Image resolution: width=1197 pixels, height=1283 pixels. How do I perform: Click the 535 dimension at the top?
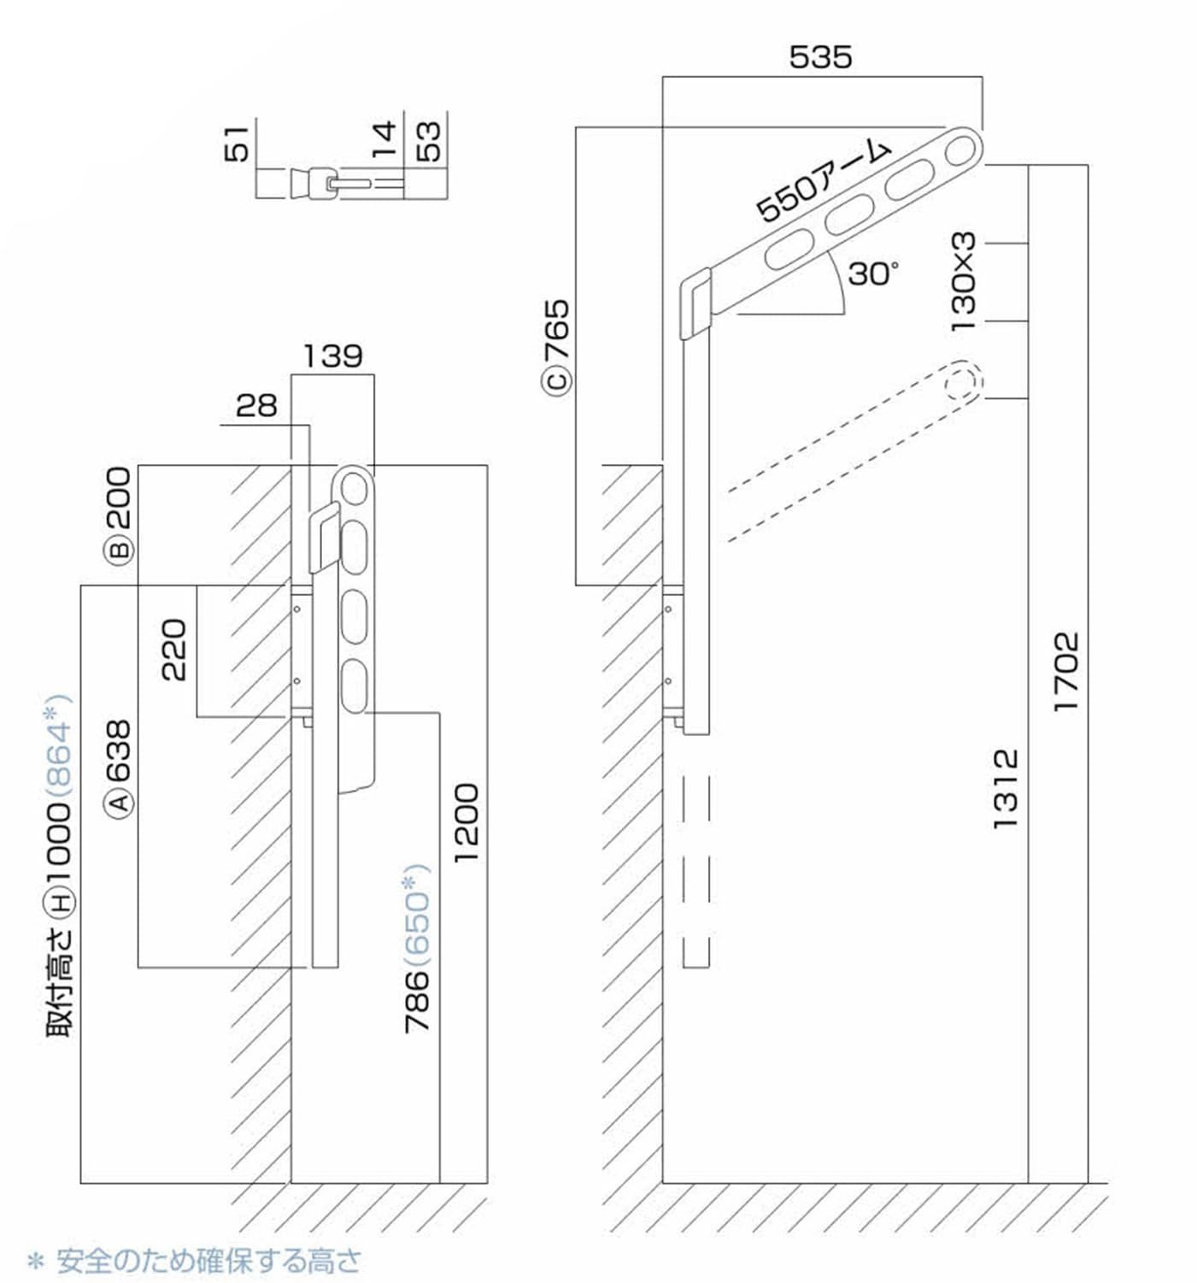click(820, 57)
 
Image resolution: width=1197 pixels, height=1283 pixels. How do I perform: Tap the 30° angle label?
click(872, 274)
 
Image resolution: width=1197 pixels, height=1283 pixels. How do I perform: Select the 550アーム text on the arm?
click(824, 182)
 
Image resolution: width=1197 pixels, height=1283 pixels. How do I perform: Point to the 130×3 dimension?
click(963, 281)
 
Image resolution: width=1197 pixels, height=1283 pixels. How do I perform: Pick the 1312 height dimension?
click(1006, 787)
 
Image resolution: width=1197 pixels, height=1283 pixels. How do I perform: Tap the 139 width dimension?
click(332, 356)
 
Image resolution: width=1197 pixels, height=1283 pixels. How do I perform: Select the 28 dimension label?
click(256, 405)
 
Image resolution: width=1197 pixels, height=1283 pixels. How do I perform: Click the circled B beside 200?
click(120, 547)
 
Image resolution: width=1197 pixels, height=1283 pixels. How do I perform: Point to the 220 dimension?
click(173, 650)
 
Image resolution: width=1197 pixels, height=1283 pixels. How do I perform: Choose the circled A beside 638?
click(120, 801)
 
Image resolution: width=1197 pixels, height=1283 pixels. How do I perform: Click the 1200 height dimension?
click(466, 822)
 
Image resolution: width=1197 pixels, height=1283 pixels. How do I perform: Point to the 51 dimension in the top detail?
click(239, 143)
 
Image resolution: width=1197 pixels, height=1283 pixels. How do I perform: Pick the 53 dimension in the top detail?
click(429, 142)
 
